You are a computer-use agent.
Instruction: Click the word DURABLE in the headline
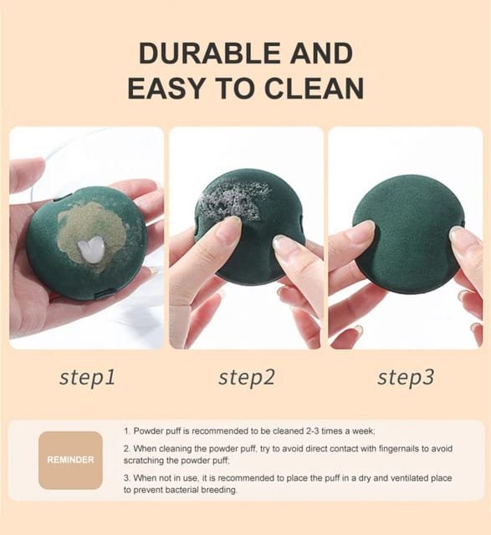click(x=211, y=53)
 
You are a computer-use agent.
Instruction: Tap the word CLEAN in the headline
click(x=315, y=88)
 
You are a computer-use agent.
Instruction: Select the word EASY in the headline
click(x=166, y=88)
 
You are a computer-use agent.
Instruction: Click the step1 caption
click(x=87, y=378)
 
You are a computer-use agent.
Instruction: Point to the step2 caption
click(x=247, y=378)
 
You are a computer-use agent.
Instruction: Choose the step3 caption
click(x=406, y=378)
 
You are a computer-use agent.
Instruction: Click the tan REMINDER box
click(x=70, y=460)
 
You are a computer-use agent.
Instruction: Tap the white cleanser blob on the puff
click(x=90, y=250)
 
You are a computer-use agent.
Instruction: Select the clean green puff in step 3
click(x=408, y=228)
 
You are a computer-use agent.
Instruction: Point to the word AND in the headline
click(x=321, y=53)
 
